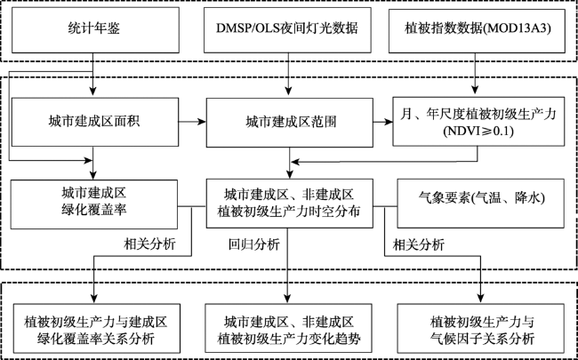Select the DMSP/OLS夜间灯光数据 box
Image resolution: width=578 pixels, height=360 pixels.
pos(287,30)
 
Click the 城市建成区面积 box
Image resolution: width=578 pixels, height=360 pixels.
pos(95,122)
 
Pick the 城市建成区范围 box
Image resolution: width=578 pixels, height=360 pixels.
pos(289,123)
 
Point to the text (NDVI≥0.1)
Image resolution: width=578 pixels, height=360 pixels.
pos(478,132)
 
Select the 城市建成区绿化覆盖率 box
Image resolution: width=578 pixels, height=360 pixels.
pos(94,204)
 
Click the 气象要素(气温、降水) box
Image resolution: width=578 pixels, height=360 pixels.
pos(480,204)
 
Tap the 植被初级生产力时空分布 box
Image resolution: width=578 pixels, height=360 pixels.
pos(289,204)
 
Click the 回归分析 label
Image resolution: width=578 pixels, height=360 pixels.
pos(254,244)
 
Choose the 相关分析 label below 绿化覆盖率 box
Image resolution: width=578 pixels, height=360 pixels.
pos(150,244)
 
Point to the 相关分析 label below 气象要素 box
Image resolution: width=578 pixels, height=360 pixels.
pos(419,244)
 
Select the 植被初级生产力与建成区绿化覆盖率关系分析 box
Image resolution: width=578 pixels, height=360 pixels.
pos(97,328)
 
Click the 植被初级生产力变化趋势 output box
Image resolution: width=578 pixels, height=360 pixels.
pos(289,328)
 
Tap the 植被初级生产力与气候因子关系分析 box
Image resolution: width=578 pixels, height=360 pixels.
pos(481,328)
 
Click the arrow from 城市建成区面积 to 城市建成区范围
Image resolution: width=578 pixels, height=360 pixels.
pos(192,122)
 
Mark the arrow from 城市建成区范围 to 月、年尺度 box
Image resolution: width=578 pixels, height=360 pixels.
pos(382,122)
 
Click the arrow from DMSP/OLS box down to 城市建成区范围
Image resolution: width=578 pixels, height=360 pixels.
pos(288,75)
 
